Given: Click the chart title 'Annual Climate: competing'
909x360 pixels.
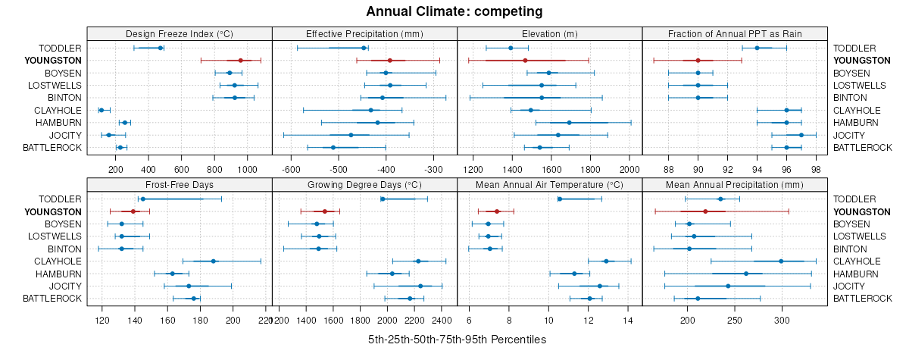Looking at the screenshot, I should click(454, 11).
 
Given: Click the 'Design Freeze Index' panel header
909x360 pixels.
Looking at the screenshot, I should click(180, 33).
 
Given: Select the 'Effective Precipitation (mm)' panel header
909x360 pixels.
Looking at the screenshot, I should click(364, 33).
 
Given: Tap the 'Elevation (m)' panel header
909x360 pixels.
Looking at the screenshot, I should click(549, 33).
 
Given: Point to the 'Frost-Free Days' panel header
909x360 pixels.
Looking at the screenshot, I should click(180, 184).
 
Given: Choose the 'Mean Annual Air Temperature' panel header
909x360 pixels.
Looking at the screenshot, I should click(549, 184).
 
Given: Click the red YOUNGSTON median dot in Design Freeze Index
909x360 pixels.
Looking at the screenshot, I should click(240, 60).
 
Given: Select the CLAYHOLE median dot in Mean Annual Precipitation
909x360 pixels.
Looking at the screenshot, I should click(781, 261).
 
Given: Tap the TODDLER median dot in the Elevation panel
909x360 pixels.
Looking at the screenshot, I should click(511, 48).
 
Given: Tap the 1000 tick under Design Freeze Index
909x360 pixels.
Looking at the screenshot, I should click(248, 169).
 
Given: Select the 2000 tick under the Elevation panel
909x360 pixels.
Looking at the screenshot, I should click(629, 169).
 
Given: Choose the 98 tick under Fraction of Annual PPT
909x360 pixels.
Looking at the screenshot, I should click(816, 169).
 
